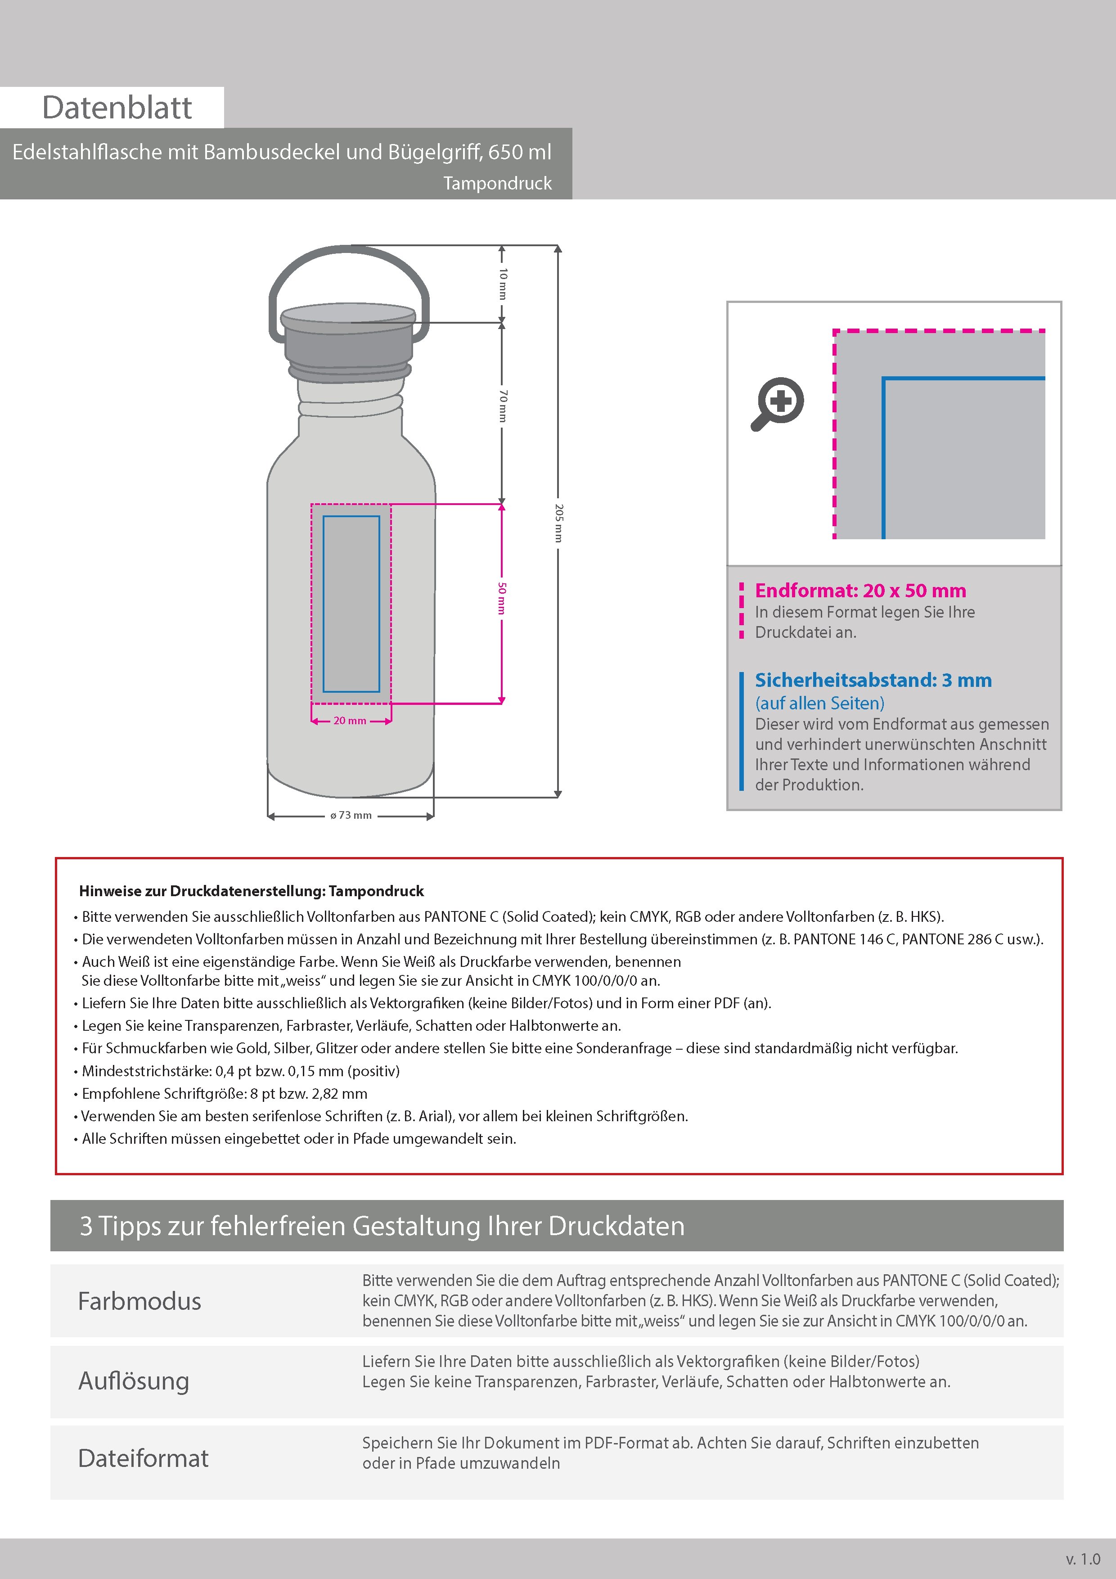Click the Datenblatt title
click(x=117, y=108)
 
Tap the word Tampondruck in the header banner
click(x=497, y=184)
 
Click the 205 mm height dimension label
click(x=559, y=523)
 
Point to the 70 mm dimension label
click(x=503, y=406)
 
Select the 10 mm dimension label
click(x=503, y=283)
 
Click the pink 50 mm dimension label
click(x=503, y=598)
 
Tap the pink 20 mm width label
click(x=350, y=721)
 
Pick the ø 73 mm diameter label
click(x=351, y=816)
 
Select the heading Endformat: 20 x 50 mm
click(x=860, y=591)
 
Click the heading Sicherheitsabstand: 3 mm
click(x=873, y=680)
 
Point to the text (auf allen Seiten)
click(x=819, y=703)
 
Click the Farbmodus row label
click(x=139, y=1301)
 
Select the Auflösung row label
click(x=134, y=1381)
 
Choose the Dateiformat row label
click(x=143, y=1458)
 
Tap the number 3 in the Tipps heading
click(x=86, y=1226)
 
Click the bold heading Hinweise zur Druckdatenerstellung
click(x=251, y=891)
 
